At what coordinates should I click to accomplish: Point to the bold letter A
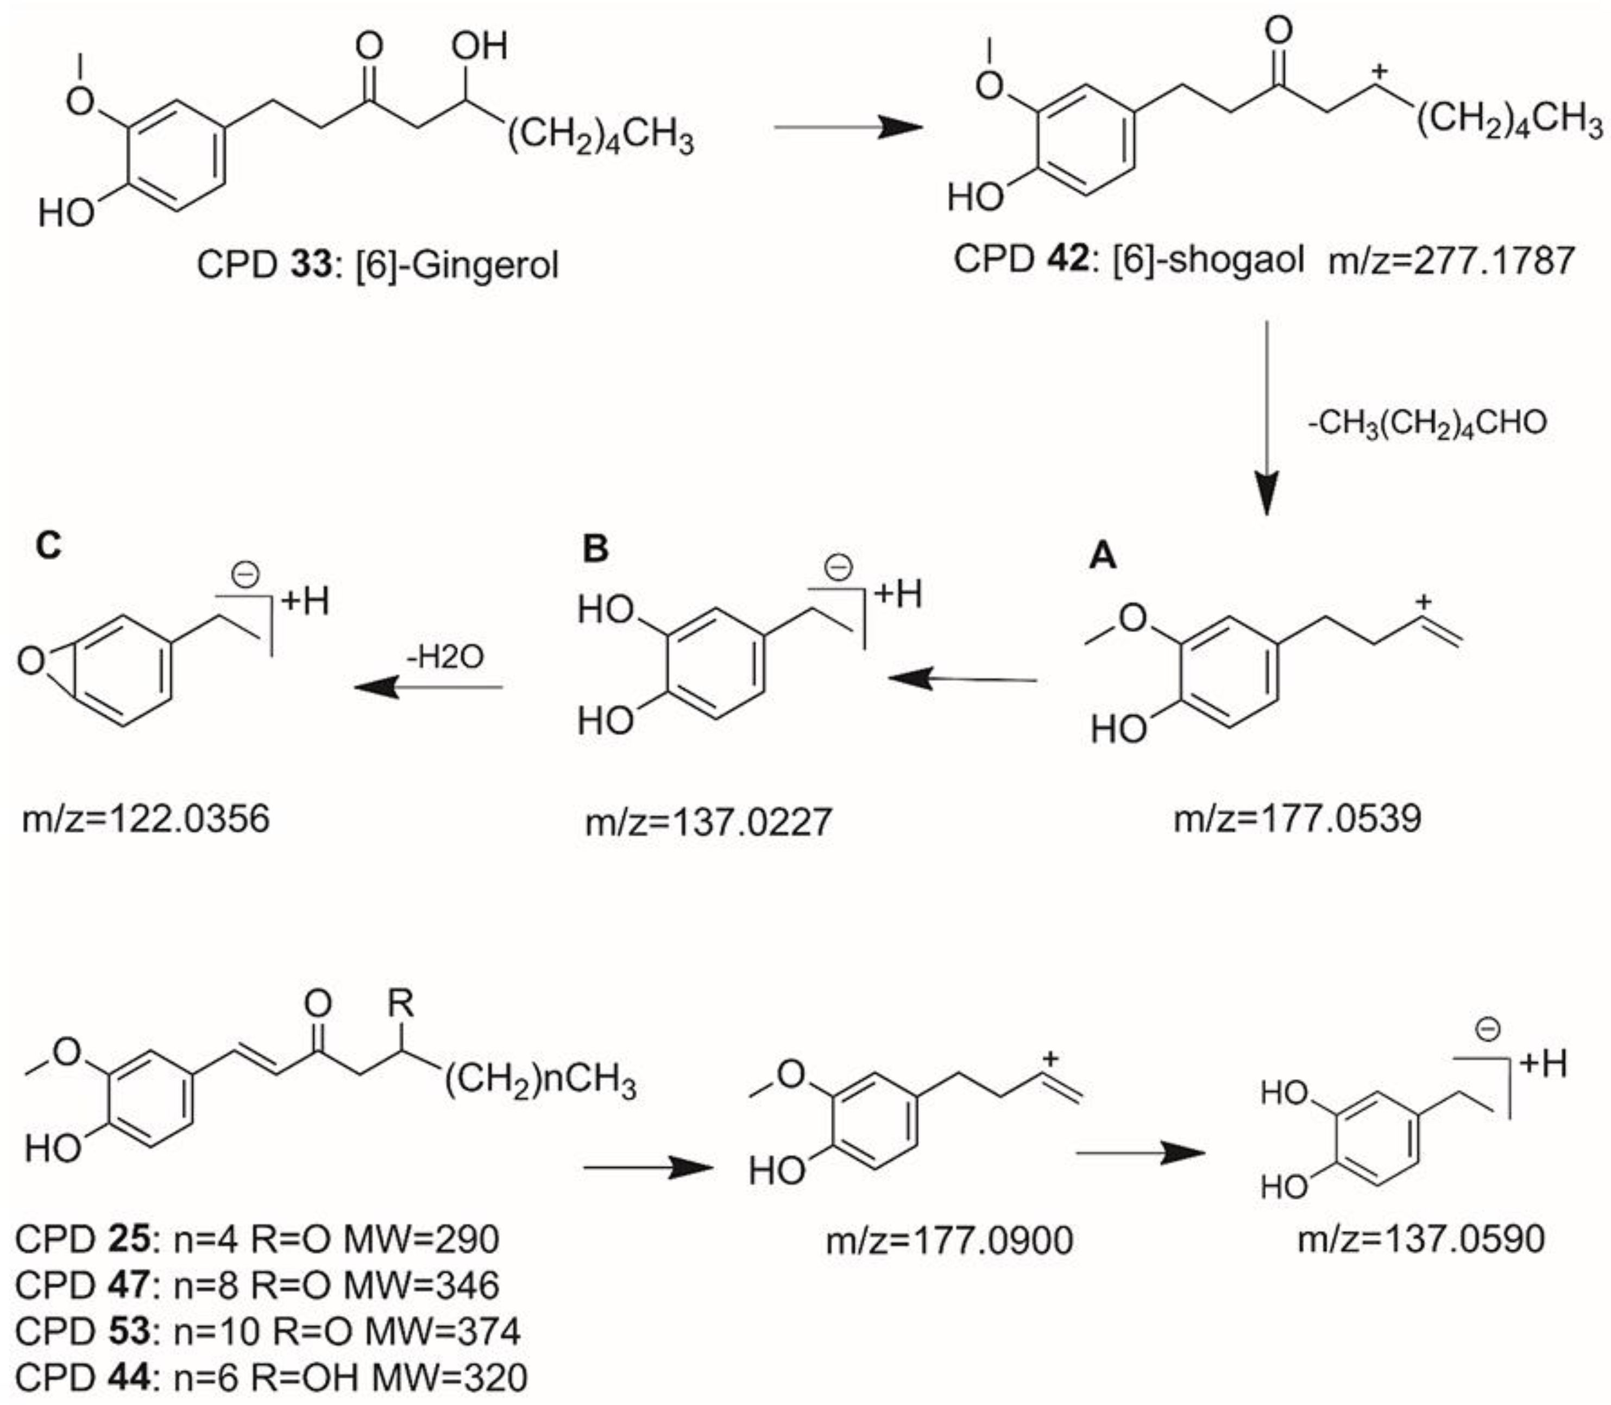1104,556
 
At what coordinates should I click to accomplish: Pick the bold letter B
596,549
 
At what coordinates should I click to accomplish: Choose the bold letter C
48,545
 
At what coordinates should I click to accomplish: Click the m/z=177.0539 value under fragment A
1297,818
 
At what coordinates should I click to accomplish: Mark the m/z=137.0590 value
1420,1239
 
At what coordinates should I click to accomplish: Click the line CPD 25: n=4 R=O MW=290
256,1239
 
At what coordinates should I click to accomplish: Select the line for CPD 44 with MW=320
270,1377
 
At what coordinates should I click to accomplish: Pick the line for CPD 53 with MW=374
267,1331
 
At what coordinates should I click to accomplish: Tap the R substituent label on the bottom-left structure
401,1003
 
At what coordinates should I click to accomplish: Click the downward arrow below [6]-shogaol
1267,415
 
